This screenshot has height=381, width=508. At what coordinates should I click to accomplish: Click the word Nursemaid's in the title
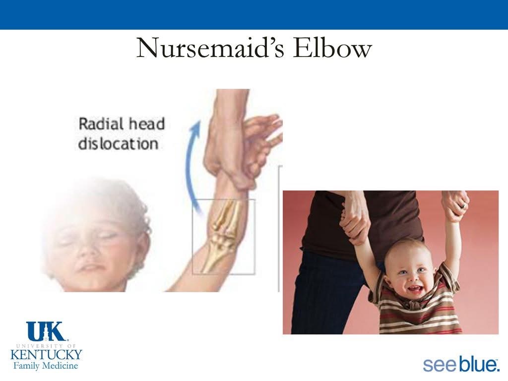[x=210, y=48]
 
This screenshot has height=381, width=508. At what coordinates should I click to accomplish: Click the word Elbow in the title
[x=332, y=48]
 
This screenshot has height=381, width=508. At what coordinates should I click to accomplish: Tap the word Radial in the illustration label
[x=101, y=124]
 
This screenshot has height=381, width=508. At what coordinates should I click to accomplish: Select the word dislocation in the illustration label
[x=118, y=143]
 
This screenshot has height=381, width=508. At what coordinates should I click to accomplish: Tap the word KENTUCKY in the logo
[x=46, y=354]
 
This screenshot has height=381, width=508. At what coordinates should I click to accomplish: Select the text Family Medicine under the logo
[x=46, y=366]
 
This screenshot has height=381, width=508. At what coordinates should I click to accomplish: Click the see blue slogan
[x=460, y=365]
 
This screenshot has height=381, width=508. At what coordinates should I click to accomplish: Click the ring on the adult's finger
[x=464, y=206]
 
